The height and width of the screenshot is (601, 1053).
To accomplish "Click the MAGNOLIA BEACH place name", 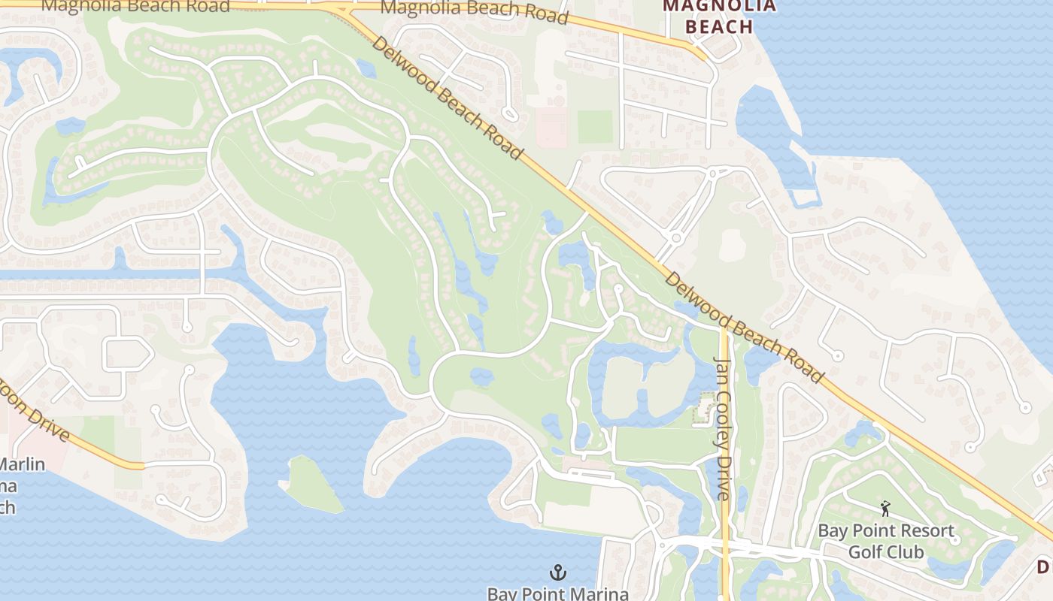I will coord(708,17).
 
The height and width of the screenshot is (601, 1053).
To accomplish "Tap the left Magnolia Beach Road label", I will coord(135,6).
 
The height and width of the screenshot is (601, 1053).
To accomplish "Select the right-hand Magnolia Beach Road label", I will coord(474,11).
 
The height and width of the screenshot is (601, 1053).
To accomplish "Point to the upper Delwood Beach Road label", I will coord(447,98).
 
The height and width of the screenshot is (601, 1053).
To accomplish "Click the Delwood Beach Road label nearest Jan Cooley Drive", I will coord(745,327).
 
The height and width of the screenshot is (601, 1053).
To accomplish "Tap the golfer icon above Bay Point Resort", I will coord(885,509).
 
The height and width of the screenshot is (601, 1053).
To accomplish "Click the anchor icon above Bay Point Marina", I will coord(557,573).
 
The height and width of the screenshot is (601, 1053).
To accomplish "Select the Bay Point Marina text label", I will coord(557,593).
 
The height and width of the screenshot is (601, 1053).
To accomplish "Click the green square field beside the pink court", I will coord(595,126).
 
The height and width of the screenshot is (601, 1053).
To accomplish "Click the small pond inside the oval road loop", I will coord(481,376).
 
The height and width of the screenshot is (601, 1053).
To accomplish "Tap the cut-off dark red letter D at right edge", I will coord(1045,566).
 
